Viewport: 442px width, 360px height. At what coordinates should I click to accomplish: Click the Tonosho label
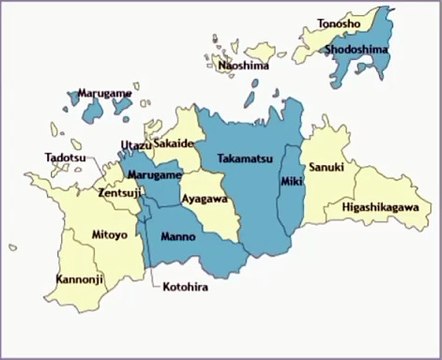pyautogui.click(x=341, y=22)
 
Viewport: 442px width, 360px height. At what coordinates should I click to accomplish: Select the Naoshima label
pyautogui.click(x=244, y=66)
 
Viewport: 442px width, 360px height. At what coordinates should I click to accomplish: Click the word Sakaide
pyautogui.click(x=174, y=144)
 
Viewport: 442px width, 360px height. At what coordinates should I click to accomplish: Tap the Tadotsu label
pyautogui.click(x=64, y=158)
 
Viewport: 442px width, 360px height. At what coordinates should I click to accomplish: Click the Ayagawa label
pyautogui.click(x=204, y=199)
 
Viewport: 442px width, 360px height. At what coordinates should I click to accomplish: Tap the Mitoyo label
pyautogui.click(x=109, y=235)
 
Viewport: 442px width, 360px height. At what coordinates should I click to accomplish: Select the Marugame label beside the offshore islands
pyautogui.click(x=104, y=93)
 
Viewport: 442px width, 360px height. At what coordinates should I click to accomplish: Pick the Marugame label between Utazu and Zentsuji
pyautogui.click(x=154, y=175)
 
